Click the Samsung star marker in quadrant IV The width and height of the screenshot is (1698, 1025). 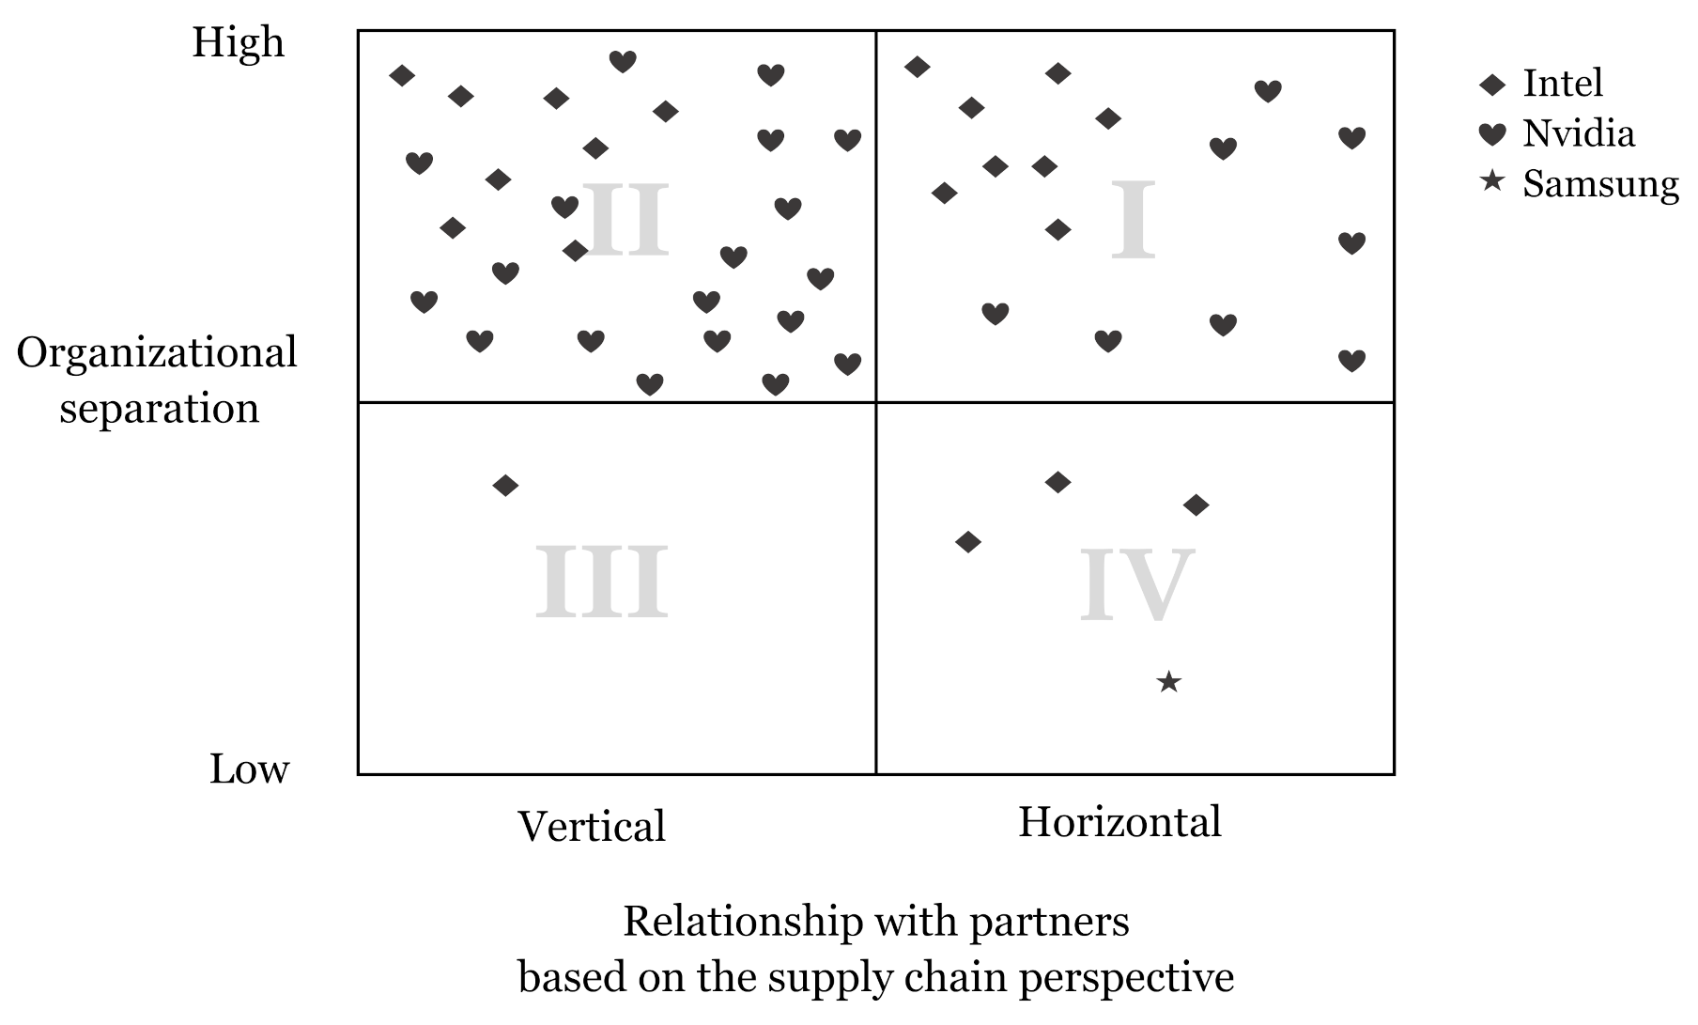(x=1168, y=682)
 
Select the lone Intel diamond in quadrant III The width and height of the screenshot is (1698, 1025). (x=505, y=486)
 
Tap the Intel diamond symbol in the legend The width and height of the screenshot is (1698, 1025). (x=1491, y=85)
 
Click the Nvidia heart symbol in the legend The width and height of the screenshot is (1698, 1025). (x=1491, y=134)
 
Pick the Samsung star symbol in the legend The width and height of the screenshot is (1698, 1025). (x=1491, y=182)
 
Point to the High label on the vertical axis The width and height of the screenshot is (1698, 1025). (x=238, y=43)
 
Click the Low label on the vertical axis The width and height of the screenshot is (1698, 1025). (x=249, y=769)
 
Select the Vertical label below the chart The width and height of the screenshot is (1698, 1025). (x=592, y=827)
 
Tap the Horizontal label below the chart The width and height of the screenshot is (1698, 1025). (x=1119, y=822)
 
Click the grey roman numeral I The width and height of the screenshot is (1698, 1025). (x=1133, y=223)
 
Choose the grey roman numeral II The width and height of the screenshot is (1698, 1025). (x=625, y=221)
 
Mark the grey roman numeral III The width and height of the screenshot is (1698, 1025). (x=601, y=582)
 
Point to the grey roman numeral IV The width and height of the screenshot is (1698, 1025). (x=1136, y=584)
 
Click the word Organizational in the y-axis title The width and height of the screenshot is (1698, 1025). (x=157, y=354)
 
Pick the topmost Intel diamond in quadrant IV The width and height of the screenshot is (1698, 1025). (x=1057, y=483)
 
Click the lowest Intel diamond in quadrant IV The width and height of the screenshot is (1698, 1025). (x=967, y=542)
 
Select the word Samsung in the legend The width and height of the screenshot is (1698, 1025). (x=1600, y=184)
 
